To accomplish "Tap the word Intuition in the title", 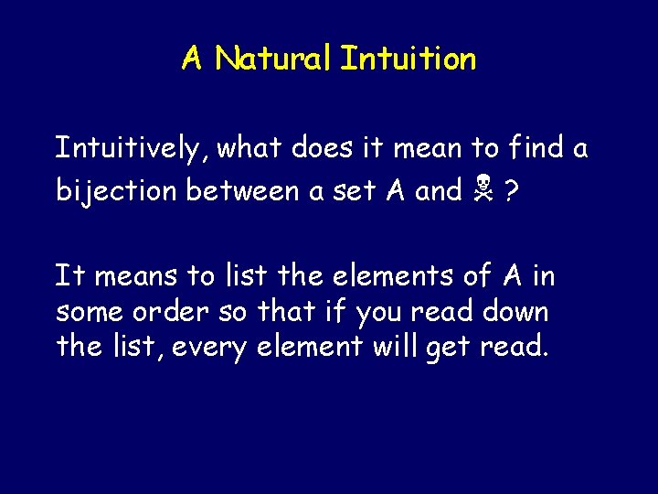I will (408, 59).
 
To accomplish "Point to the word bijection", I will (117, 190).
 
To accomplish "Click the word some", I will (89, 312).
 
